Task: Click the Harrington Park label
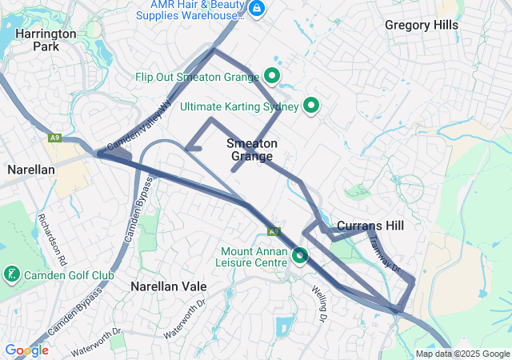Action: click(x=46, y=40)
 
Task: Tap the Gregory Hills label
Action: click(x=422, y=25)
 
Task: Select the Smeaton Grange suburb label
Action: click(x=252, y=150)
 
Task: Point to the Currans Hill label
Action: click(x=370, y=226)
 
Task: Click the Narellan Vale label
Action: click(x=169, y=286)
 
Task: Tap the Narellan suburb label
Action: click(x=30, y=170)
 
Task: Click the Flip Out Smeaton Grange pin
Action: click(x=272, y=77)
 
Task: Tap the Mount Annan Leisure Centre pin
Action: click(x=300, y=256)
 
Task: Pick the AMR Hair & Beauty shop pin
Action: click(x=257, y=9)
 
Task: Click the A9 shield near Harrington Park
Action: click(x=54, y=138)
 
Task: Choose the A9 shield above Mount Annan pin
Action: click(x=274, y=231)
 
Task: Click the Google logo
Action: click(x=26, y=350)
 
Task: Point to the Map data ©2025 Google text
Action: click(x=462, y=354)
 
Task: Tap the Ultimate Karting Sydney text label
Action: click(x=239, y=106)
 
